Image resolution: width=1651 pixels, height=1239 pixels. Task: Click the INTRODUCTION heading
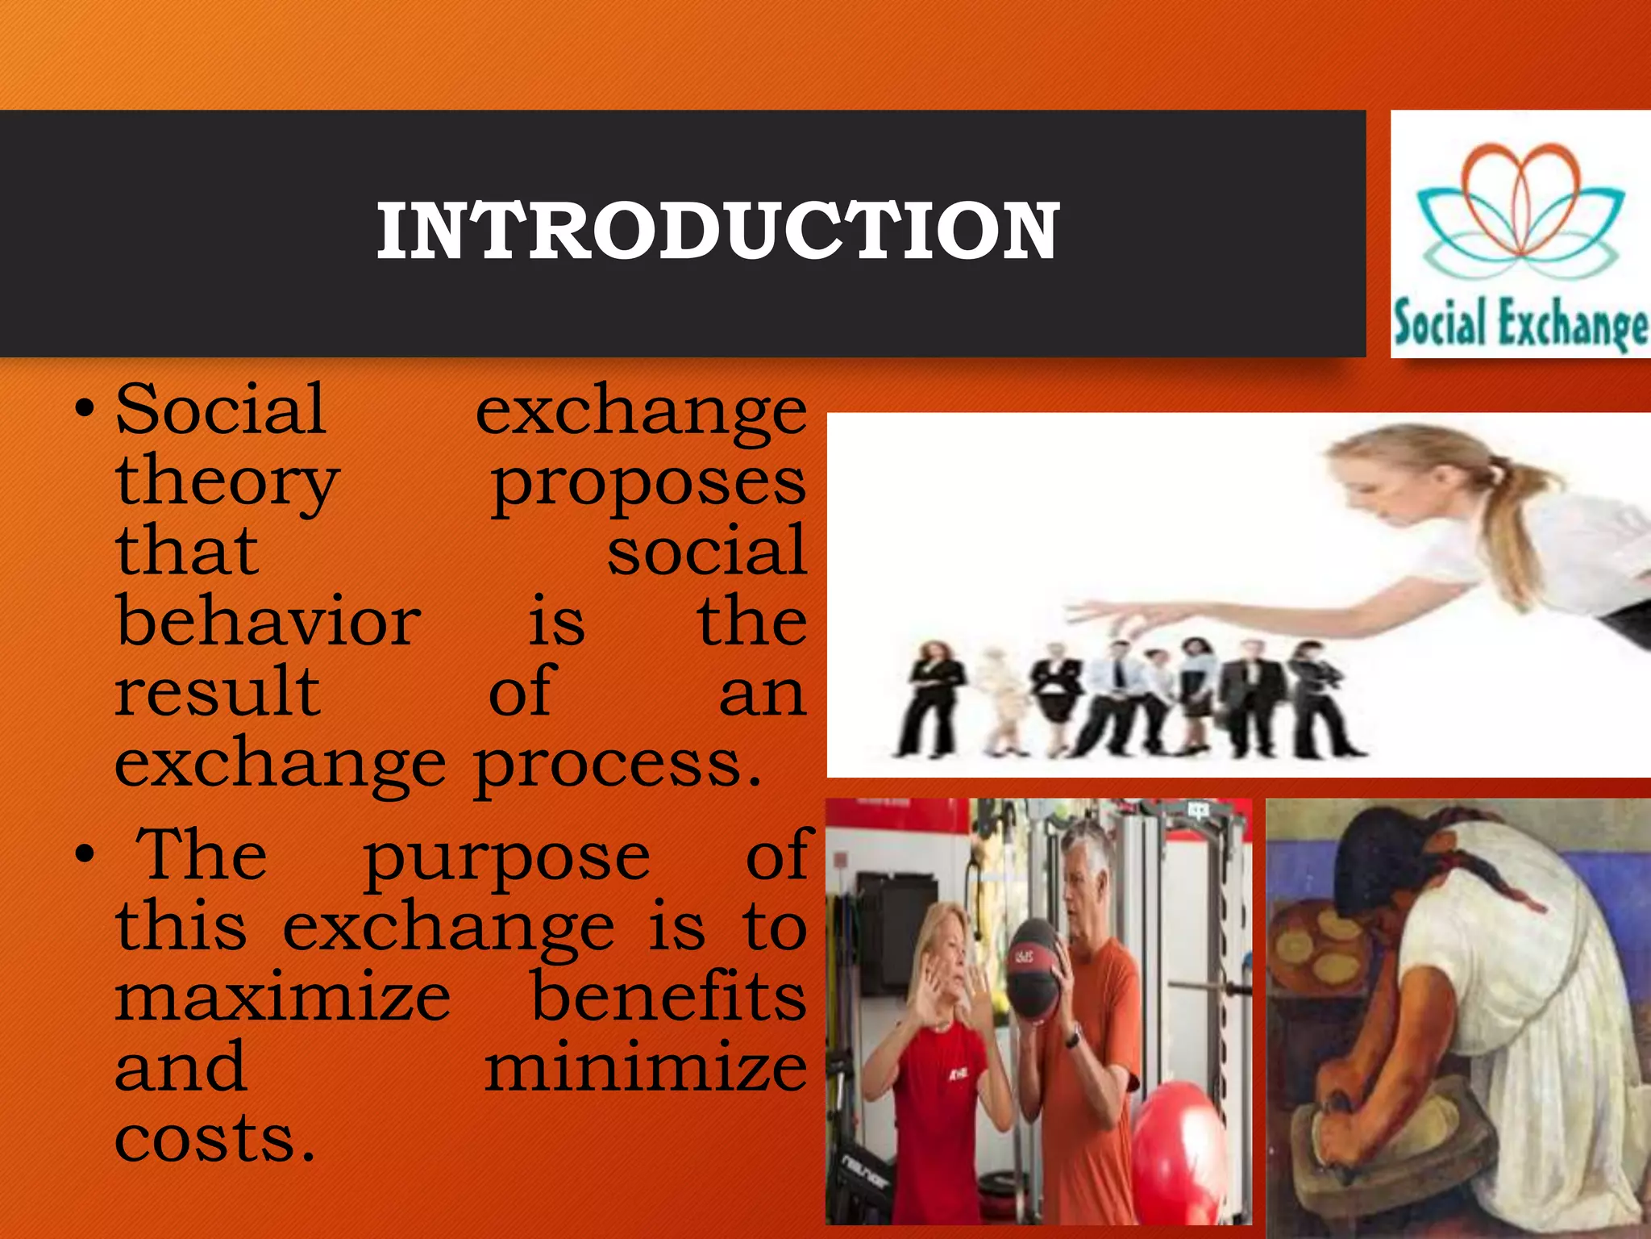pyautogui.click(x=717, y=232)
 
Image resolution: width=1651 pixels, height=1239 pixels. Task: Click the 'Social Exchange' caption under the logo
pyautogui.click(x=1520, y=323)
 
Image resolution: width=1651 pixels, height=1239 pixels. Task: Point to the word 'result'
pyautogui.click(x=218, y=691)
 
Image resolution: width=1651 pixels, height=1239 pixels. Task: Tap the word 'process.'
pyautogui.click(x=617, y=765)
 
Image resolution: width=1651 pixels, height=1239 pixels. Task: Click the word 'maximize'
pyautogui.click(x=282, y=997)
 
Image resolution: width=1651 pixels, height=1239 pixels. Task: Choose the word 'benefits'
pyautogui.click(x=668, y=997)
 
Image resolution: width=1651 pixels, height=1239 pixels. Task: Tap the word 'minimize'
pyautogui.click(x=645, y=1067)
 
